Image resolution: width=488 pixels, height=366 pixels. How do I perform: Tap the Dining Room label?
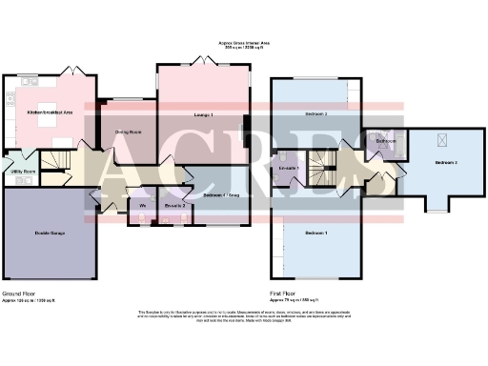(129, 132)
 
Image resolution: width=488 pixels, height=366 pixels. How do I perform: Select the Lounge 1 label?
(202, 115)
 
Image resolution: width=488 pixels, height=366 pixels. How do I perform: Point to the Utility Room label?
(24, 172)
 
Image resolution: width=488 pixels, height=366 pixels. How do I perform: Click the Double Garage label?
(50, 233)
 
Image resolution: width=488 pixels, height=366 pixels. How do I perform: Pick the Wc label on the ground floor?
(142, 206)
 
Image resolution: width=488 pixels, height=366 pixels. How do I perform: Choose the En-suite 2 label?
(174, 206)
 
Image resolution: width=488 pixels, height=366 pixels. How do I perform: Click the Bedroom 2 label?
(316, 114)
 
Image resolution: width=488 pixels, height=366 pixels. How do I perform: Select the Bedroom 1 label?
(316, 234)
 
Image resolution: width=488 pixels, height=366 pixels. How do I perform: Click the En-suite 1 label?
(289, 169)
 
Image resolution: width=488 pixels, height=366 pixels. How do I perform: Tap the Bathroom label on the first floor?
(386, 142)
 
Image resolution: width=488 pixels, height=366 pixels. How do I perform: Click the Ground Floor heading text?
(20, 293)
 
